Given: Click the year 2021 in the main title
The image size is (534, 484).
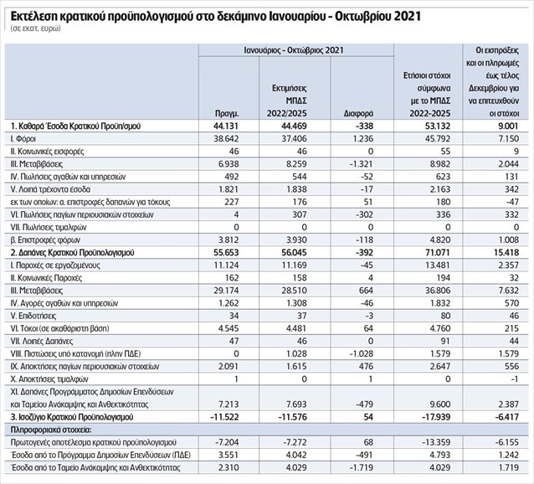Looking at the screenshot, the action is coord(407,16).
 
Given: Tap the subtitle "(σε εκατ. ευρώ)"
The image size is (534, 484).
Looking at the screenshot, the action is coord(35,28).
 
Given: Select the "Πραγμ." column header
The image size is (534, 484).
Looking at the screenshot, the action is coord(227,113).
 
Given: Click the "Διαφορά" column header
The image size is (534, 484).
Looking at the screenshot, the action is coord(358,113).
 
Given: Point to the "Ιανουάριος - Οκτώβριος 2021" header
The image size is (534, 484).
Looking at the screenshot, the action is coord(294,50).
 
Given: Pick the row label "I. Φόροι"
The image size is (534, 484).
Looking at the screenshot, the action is coord(23,139).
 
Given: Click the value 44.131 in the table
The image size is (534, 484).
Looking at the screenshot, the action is coord(226,126).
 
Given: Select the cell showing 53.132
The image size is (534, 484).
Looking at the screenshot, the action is coord(438,126).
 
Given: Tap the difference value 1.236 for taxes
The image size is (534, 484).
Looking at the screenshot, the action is coord(362,139).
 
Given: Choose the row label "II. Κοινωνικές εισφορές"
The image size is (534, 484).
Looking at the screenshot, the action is coord(47,152).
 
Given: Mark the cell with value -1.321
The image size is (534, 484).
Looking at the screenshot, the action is coord(362,164).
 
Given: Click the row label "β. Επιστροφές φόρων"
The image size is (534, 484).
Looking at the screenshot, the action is coord(45,239).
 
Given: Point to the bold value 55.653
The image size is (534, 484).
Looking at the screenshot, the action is coord(226,252).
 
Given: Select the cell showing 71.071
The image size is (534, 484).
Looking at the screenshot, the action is coord(438,252).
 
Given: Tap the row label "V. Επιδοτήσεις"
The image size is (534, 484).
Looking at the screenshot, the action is coord(33,316).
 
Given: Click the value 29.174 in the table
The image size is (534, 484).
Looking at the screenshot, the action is coord(227,291).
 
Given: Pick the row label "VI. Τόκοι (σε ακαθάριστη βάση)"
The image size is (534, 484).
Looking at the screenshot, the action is coord(60,328).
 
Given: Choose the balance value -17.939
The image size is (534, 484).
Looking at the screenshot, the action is coord(436,417).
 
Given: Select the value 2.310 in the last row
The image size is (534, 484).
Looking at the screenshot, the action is coord(228,467).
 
